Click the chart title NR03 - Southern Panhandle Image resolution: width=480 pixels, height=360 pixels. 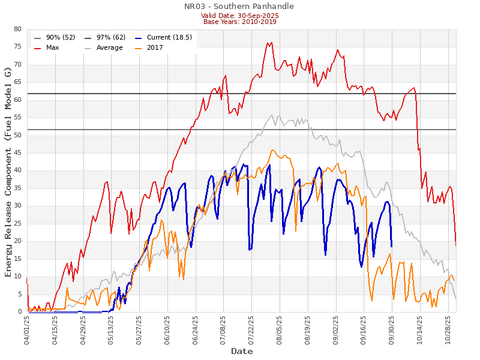(240, 7)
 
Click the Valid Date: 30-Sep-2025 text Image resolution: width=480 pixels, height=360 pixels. (240, 16)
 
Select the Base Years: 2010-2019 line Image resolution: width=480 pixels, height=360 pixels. (240, 22)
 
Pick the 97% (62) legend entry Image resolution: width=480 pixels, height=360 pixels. (111, 37)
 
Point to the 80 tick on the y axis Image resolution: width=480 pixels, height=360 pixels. (17, 29)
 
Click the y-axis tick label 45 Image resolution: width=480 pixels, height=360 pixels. (17, 153)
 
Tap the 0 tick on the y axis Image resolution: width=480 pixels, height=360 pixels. (19, 312)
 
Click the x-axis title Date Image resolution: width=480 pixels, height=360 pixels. (242, 351)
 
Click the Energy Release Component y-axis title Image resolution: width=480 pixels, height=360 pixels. (8, 172)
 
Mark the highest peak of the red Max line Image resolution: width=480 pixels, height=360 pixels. (272, 42)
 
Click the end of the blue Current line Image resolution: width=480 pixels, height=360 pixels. (392, 247)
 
